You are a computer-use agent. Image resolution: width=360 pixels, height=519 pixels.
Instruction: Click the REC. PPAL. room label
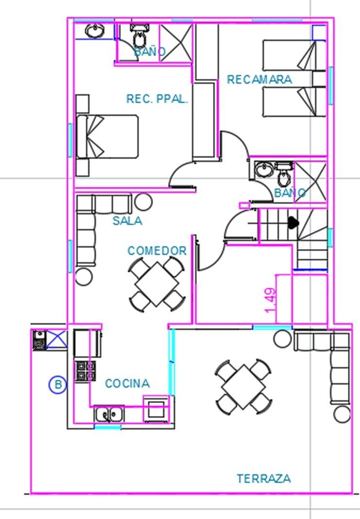pyautogui.click(x=157, y=99)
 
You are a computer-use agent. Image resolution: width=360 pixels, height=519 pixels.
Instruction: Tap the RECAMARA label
pyautogui.click(x=259, y=79)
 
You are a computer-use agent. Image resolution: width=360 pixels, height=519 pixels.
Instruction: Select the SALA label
pyautogui.click(x=127, y=221)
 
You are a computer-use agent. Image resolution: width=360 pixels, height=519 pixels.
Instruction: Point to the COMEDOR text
pyautogui.click(x=157, y=251)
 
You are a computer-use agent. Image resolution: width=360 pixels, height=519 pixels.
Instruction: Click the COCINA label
pyautogui.click(x=127, y=384)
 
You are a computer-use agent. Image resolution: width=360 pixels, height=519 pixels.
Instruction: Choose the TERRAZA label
pyautogui.click(x=264, y=479)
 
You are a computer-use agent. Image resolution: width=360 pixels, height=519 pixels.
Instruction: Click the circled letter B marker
pyautogui.click(x=58, y=385)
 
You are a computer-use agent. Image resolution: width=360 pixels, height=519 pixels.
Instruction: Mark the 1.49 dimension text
pyautogui.click(x=270, y=300)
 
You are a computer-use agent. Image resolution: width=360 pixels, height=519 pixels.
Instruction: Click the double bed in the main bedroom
pyautogui.click(x=107, y=137)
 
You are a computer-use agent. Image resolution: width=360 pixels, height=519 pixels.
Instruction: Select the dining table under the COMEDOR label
pyautogui.click(x=157, y=285)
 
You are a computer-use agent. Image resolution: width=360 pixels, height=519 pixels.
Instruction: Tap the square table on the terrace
pyautogui.click(x=243, y=387)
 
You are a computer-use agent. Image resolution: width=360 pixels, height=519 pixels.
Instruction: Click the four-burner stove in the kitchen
pyautogui.click(x=86, y=371)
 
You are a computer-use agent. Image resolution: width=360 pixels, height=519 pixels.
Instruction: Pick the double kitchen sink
pyautogui.click(x=109, y=414)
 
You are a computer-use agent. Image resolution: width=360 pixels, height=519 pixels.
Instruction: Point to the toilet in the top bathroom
pyautogui.click(x=139, y=36)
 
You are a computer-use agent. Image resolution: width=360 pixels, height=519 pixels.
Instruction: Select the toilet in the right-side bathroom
pyautogui.click(x=283, y=175)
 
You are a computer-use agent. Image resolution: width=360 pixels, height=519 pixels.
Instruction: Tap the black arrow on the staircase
pyautogui.click(x=293, y=222)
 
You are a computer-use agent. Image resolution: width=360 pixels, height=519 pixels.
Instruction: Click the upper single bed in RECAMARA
pyautogui.click(x=289, y=55)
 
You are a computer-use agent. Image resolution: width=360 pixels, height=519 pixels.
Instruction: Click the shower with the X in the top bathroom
pyautogui.click(x=176, y=43)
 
